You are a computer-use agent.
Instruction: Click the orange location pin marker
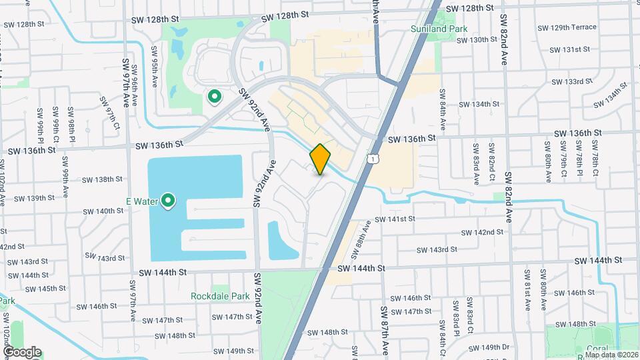point(321,159)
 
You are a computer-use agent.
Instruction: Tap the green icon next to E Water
point(169,200)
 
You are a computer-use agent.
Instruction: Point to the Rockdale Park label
point(219,295)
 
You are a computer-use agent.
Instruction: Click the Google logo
point(22,352)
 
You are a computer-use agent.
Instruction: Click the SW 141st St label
point(395,219)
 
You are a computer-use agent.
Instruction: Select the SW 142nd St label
point(483,232)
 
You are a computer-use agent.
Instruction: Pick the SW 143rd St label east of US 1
point(437,249)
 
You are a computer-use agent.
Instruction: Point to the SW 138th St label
point(102,179)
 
